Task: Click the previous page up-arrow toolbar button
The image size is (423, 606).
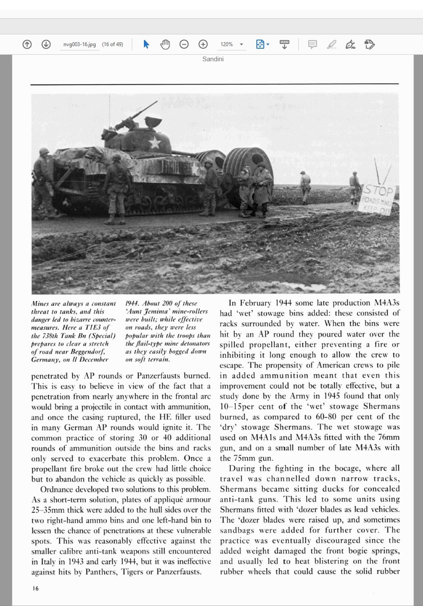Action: click(27, 44)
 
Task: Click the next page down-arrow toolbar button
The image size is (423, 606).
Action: click(46, 44)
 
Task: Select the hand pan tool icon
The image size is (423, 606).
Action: click(165, 44)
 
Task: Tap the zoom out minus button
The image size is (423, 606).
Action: click(184, 44)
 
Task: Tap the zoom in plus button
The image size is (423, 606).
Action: click(203, 44)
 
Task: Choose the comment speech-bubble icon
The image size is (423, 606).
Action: click(313, 44)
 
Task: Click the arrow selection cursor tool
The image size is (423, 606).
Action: click(146, 44)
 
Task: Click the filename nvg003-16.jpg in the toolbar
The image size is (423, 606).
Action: click(80, 44)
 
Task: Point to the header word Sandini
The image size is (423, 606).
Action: click(213, 59)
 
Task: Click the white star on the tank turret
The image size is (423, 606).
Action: click(155, 142)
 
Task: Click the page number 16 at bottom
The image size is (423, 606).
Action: click(35, 588)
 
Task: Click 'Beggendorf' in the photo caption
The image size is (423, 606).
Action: click(89, 352)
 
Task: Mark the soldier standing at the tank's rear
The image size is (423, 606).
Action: click(43, 181)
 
